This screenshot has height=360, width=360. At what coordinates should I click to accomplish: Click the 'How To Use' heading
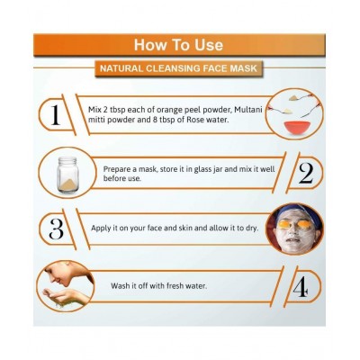pos(178,45)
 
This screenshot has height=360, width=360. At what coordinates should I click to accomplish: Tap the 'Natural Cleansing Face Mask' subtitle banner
pos(179,68)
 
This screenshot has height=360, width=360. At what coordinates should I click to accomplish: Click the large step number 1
pos(55,115)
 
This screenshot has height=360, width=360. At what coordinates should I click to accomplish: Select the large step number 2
pos(306,174)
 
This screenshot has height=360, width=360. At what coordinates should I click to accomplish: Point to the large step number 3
pos(56,229)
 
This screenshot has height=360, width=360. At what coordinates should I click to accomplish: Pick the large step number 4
pos(301,286)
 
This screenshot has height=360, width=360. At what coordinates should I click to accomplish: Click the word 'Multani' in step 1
pos(248,110)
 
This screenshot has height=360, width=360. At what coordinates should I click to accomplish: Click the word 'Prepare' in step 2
pos(120,169)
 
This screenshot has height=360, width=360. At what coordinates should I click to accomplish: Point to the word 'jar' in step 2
pos(216,169)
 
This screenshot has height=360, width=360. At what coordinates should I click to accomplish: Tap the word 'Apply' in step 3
pos(101,229)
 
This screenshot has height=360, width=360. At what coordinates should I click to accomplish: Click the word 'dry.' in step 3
pos(252,229)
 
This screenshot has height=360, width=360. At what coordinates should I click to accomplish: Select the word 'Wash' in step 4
pos(120,285)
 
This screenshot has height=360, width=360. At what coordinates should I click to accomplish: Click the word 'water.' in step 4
pos(196,285)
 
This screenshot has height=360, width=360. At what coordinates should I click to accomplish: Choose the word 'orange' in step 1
pos(165,111)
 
